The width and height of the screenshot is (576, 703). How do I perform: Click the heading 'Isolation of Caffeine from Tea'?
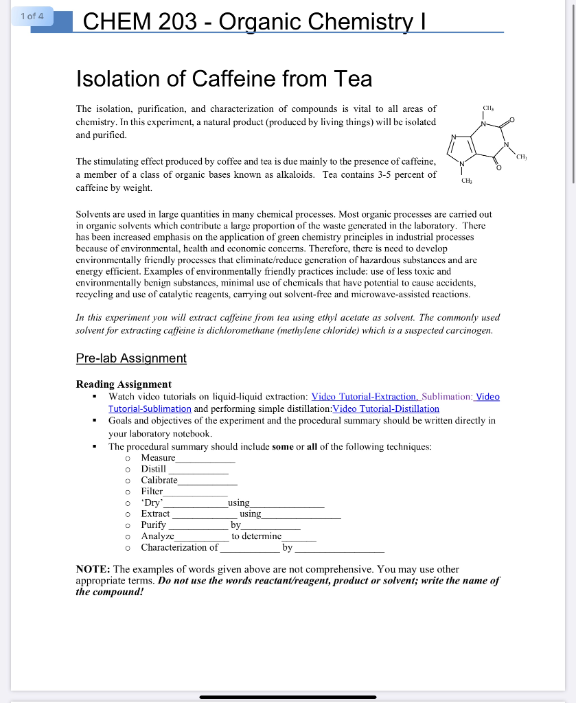click(224, 79)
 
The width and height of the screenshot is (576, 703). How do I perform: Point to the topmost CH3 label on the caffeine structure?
click(488, 108)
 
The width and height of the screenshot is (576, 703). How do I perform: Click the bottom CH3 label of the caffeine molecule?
click(467, 181)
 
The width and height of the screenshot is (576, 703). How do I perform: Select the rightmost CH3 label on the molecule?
click(522, 157)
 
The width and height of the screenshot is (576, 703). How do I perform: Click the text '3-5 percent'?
click(399, 174)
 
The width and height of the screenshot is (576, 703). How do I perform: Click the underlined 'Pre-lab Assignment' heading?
click(131, 358)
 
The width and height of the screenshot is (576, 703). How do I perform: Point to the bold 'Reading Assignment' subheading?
click(124, 384)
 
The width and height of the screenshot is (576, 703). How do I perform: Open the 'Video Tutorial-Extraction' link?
click(364, 397)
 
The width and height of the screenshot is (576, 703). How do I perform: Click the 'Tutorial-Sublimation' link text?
click(150, 408)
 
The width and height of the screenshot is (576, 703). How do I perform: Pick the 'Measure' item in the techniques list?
click(158, 457)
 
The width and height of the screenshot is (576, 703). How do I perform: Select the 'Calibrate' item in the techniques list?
click(159, 480)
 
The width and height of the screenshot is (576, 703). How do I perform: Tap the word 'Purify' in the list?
click(153, 525)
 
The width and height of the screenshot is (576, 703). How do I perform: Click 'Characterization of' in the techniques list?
click(179, 547)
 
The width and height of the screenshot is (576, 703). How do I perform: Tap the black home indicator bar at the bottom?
click(288, 697)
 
